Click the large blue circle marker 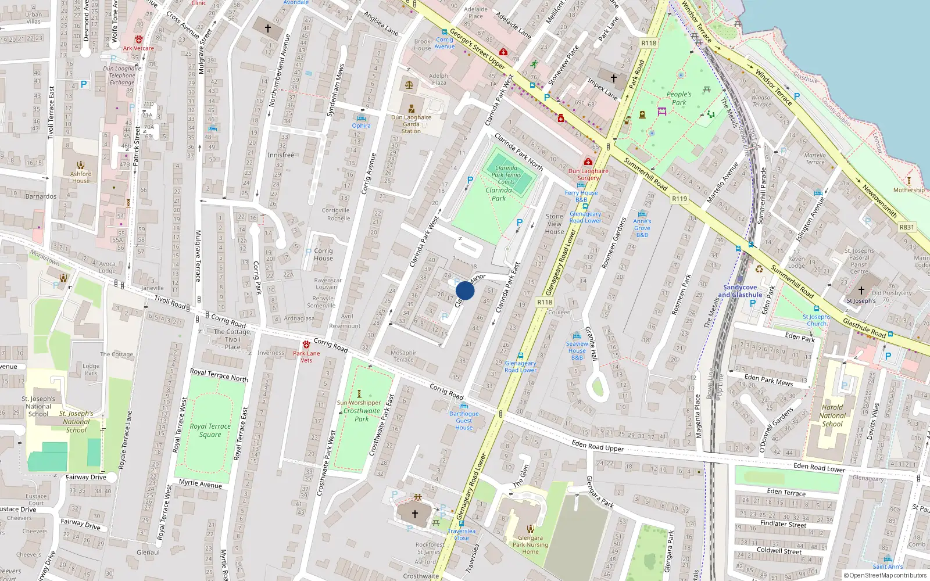464,290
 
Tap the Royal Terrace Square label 210,430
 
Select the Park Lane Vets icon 306,345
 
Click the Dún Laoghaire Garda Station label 411,124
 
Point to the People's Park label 679,98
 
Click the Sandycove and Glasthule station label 740,291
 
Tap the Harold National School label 832,415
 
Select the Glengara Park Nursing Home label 530,544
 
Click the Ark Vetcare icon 138,40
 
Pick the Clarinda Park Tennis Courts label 506,174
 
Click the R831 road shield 907,227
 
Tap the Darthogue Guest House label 464,421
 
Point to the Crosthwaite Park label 362,414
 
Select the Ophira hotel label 361,125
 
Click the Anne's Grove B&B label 642,228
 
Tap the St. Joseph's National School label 38,406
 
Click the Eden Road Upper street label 598,446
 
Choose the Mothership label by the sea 908,190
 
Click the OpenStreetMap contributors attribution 885,575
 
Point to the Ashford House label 81,177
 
